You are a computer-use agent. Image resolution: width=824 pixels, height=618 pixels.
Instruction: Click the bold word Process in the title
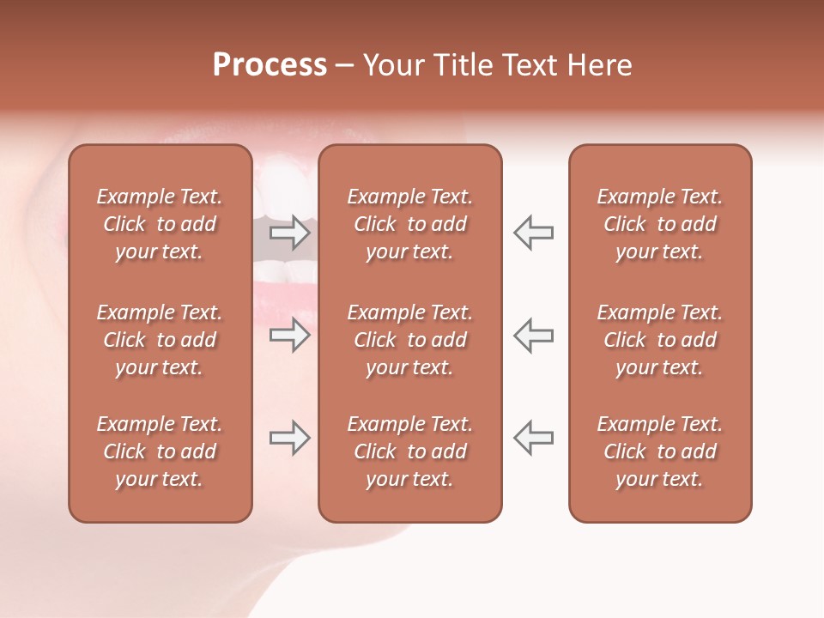[x=270, y=65]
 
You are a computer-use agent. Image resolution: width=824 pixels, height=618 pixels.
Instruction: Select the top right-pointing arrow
[x=290, y=232]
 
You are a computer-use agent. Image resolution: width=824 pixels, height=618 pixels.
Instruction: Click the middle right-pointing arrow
[x=290, y=335]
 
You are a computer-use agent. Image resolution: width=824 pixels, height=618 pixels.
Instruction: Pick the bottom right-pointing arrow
[x=290, y=438]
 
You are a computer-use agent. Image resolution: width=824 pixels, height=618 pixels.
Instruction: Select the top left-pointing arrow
[x=533, y=232]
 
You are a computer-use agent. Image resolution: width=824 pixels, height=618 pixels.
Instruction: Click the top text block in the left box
[x=160, y=224]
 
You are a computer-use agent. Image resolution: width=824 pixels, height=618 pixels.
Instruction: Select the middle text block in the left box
[x=160, y=340]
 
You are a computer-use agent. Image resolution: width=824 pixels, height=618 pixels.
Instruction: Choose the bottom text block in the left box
[x=160, y=451]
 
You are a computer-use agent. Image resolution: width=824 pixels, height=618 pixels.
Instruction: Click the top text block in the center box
[x=410, y=224]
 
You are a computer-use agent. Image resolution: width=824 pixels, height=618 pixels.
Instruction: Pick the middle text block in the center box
[x=410, y=340]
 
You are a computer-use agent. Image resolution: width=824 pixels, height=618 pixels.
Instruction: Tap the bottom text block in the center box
[x=410, y=451]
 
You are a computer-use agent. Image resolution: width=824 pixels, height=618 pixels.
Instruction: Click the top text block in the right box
[x=660, y=224]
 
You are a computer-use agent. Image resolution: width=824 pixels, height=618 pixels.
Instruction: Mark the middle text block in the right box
[x=660, y=340]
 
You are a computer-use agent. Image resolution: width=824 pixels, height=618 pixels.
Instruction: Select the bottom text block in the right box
[x=660, y=451]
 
